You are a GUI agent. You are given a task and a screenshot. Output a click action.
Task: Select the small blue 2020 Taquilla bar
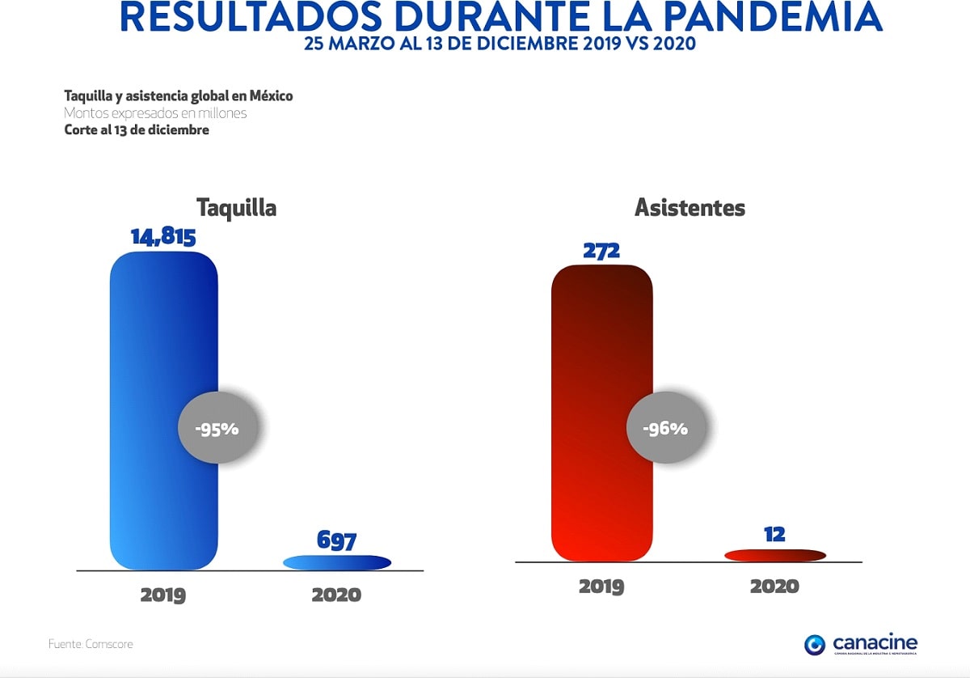pyautogui.click(x=336, y=562)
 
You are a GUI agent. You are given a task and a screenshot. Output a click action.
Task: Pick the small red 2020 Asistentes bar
pyautogui.click(x=774, y=555)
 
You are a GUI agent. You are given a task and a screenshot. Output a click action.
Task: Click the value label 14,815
pyautogui.click(x=164, y=237)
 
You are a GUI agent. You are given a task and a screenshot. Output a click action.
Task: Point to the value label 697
pyautogui.click(x=336, y=540)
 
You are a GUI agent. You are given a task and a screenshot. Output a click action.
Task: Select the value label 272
pyautogui.click(x=601, y=251)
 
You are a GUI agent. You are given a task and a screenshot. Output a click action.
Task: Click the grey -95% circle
pyautogui.click(x=218, y=429)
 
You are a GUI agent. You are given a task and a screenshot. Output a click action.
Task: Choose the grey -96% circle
pyautogui.click(x=665, y=429)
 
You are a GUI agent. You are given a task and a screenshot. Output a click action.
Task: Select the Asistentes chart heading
pyautogui.click(x=690, y=208)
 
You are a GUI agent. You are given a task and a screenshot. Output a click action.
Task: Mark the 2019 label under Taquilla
pyautogui.click(x=163, y=595)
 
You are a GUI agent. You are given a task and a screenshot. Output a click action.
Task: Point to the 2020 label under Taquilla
pyautogui.click(x=336, y=595)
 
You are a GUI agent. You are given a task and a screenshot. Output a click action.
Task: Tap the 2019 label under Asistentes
pyautogui.click(x=601, y=587)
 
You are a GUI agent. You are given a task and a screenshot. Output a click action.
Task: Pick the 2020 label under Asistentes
pyautogui.click(x=774, y=587)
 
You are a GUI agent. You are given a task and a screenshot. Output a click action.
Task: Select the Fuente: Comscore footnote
pyautogui.click(x=91, y=644)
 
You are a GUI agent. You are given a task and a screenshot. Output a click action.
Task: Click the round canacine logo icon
pyautogui.click(x=815, y=645)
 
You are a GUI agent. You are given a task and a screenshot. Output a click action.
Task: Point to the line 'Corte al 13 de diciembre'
pyautogui.click(x=137, y=130)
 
